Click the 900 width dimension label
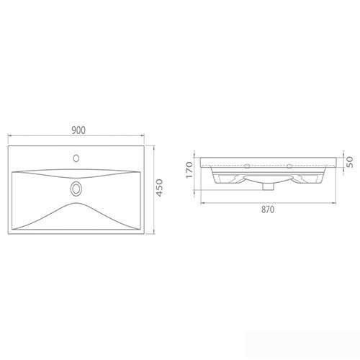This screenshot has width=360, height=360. pos(78,130)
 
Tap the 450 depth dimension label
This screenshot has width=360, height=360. pos(160,188)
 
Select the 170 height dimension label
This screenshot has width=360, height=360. pos(189,170)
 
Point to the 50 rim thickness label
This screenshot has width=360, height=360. pos(350,162)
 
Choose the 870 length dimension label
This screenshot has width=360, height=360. pos(268,210)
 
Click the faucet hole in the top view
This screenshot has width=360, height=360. pos(76,158)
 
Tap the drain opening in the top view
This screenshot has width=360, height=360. pos(76,189)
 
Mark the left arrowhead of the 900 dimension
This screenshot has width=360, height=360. pos(10,136)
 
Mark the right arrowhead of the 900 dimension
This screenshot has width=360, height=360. pos(143,136)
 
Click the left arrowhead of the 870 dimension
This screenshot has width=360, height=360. pos(202,203)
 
